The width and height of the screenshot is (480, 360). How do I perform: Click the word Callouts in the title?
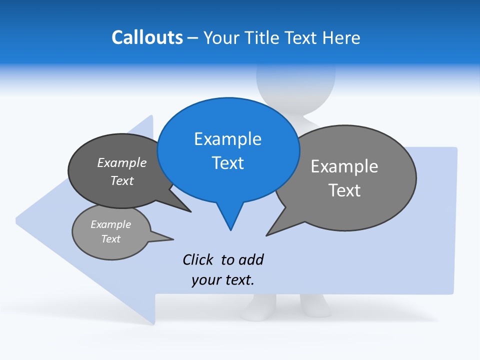pos(147,37)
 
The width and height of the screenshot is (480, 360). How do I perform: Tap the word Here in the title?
pos(341,37)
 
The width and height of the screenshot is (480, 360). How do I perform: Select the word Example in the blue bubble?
pos(227,139)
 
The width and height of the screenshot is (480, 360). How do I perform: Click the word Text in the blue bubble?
pos(228,163)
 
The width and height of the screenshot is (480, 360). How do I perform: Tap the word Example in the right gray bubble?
pos(344,166)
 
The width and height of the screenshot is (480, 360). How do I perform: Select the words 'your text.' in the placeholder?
pos(223,280)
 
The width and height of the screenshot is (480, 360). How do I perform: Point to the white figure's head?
pos(295,80)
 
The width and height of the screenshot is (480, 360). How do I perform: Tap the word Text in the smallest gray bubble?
pos(111,239)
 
